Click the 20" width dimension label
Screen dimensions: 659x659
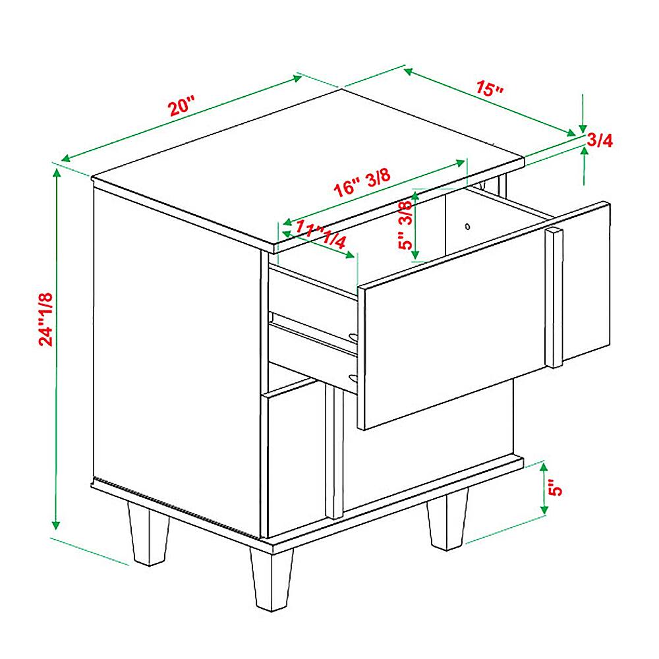(182, 106)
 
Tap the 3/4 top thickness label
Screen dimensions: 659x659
(600, 140)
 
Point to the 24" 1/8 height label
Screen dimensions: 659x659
(46, 320)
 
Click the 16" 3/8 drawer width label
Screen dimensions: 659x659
(362, 183)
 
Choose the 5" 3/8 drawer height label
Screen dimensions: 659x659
(405, 225)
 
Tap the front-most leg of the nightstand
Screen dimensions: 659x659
(272, 579)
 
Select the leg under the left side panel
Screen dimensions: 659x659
(148, 533)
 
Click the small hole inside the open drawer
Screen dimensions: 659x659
(467, 227)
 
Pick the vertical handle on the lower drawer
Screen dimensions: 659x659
(335, 451)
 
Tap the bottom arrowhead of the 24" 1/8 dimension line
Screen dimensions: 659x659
(56, 524)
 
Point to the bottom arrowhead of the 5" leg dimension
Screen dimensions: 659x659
(544, 509)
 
